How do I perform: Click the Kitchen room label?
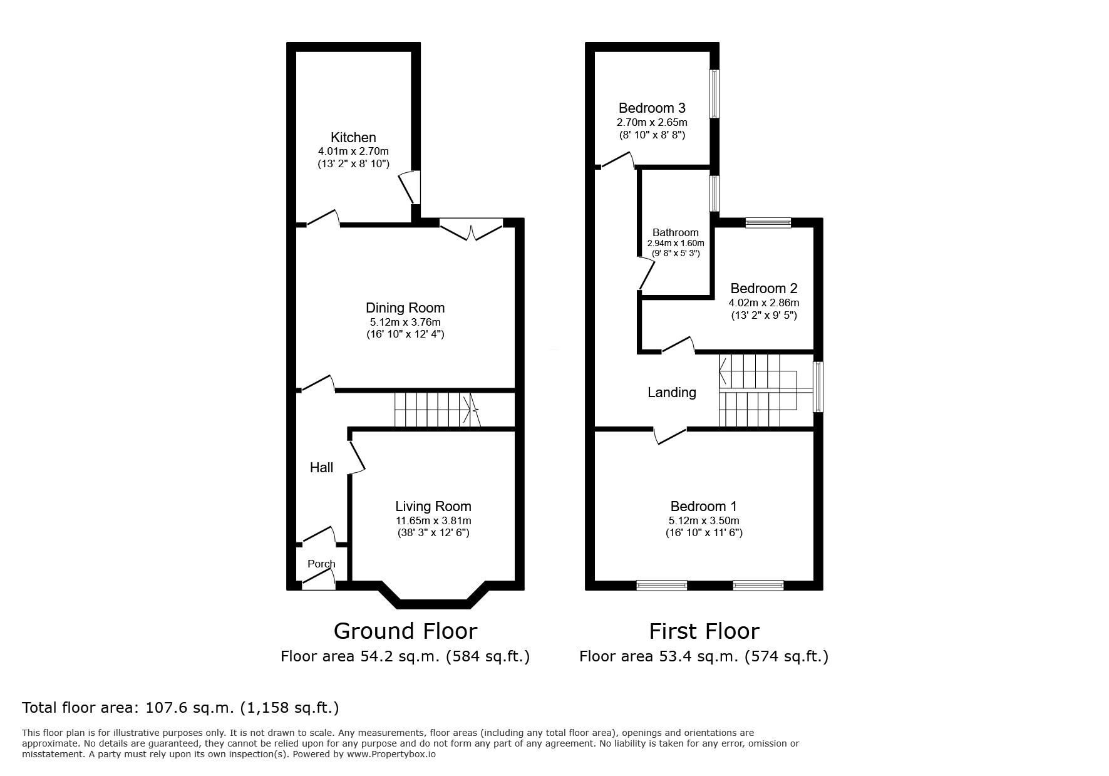tap(353, 137)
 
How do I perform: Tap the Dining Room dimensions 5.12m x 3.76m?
tap(405, 322)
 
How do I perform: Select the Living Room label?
tap(433, 506)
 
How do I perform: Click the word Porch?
tap(321, 564)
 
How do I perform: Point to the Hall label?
tap(321, 467)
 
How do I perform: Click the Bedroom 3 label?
tap(652, 108)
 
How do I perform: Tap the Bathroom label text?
tap(675, 232)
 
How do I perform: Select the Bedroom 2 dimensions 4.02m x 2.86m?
tap(763, 303)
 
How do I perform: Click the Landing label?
tap(671, 392)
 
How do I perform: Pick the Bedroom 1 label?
tap(703, 506)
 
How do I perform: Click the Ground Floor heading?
tap(405, 631)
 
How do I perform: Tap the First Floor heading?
tap(704, 631)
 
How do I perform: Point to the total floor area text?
tap(180, 708)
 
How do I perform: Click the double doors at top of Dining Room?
tap(471, 229)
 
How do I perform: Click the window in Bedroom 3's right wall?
tap(714, 93)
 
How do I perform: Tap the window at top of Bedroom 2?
tap(768, 222)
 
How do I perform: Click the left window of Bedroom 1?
tap(661, 585)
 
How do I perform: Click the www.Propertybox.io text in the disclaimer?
tap(391, 755)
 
